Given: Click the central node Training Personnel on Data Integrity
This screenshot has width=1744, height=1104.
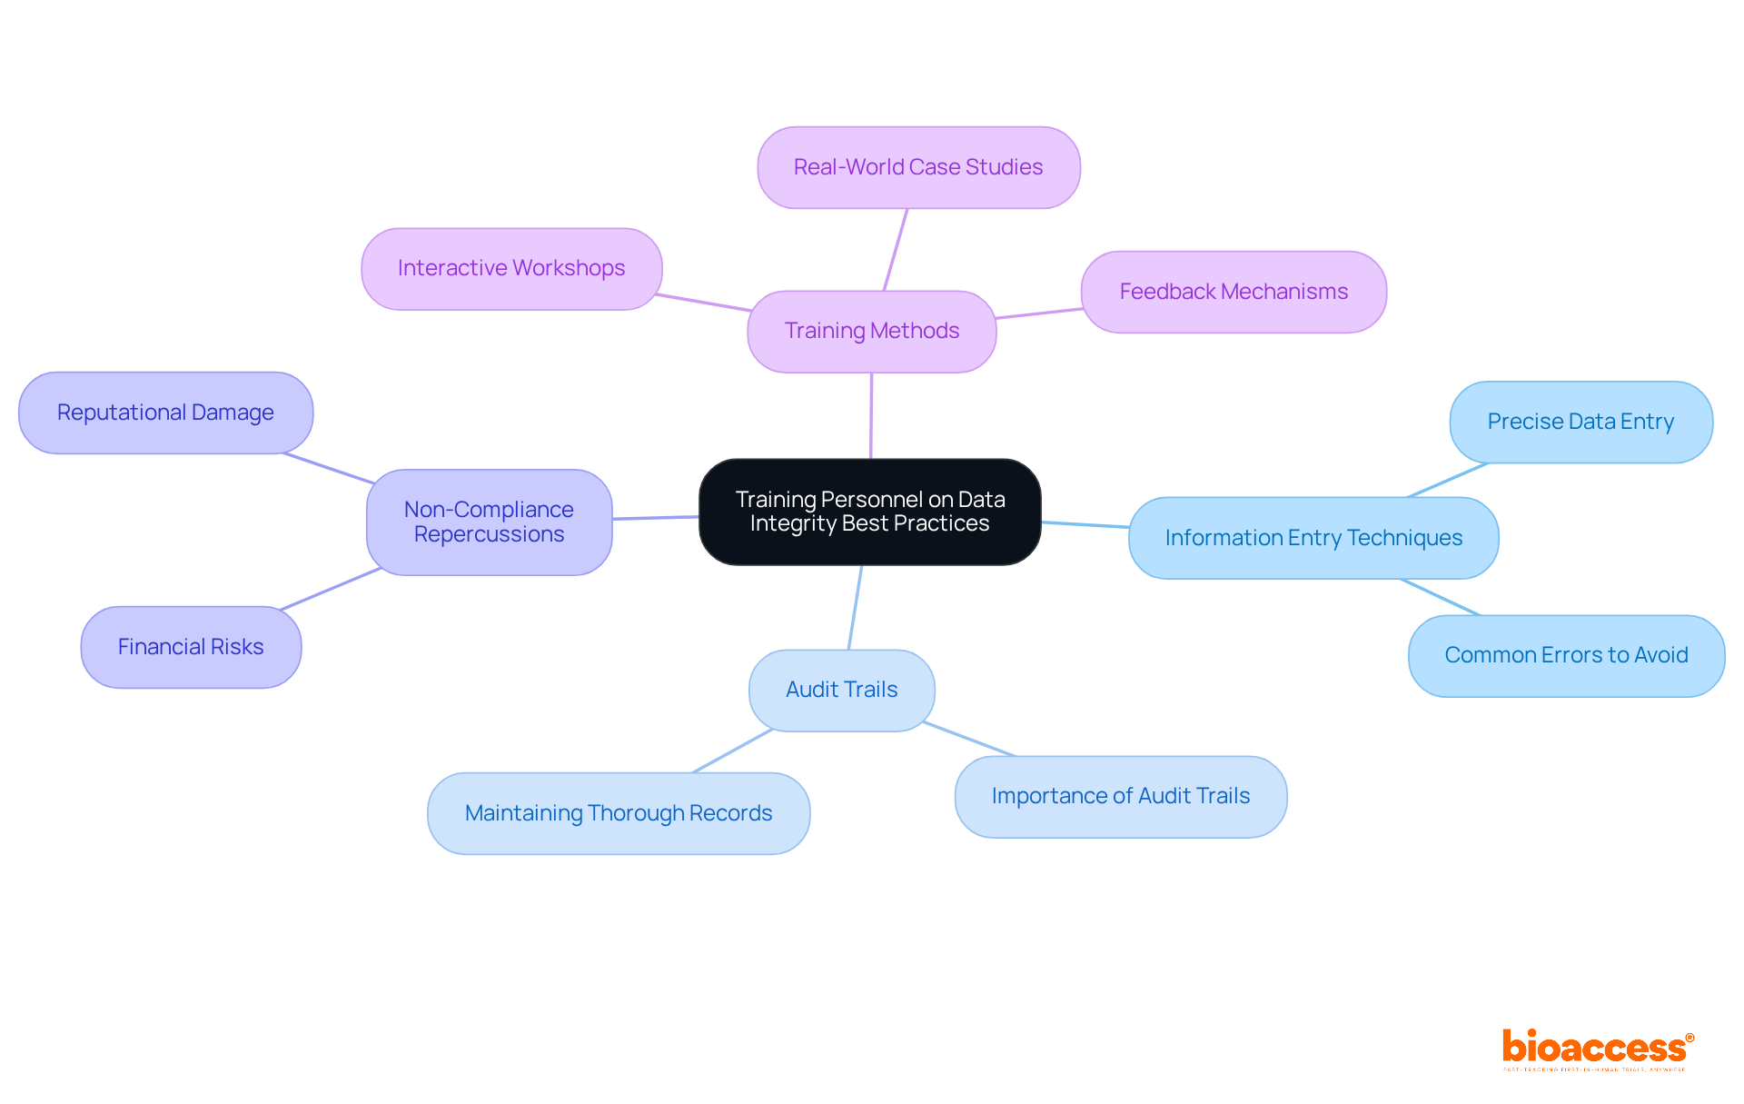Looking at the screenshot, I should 869,512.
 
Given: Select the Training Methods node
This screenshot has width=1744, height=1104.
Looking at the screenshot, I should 871,331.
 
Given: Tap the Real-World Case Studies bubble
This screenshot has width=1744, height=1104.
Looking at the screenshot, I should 918,167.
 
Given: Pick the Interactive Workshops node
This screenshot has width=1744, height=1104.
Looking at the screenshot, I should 511,268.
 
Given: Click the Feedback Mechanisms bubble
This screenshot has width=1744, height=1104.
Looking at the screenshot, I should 1233,292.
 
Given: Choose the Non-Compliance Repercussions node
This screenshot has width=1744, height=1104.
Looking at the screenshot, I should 489,522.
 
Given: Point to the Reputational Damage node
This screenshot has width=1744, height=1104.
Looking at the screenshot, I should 165,413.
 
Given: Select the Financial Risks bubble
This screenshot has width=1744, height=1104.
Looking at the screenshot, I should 191,647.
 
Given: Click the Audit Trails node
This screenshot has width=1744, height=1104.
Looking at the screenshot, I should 841,690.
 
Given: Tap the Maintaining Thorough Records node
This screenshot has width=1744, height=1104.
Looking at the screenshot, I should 618,813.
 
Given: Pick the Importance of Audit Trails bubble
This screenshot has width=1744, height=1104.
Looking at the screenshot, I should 1120,796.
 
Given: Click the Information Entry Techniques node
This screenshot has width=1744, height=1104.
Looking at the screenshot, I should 1313,538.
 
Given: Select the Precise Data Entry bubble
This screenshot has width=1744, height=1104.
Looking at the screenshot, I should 1580,422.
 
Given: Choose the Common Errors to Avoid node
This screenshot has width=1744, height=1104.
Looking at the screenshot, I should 1566,655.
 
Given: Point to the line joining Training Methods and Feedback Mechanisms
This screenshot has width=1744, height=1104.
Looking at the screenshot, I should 1039,313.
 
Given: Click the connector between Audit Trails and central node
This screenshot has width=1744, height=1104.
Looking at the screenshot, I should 855,607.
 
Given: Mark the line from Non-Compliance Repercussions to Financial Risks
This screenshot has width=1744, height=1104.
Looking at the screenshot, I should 331,589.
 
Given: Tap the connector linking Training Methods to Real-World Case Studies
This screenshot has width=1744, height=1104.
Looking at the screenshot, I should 896,250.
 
